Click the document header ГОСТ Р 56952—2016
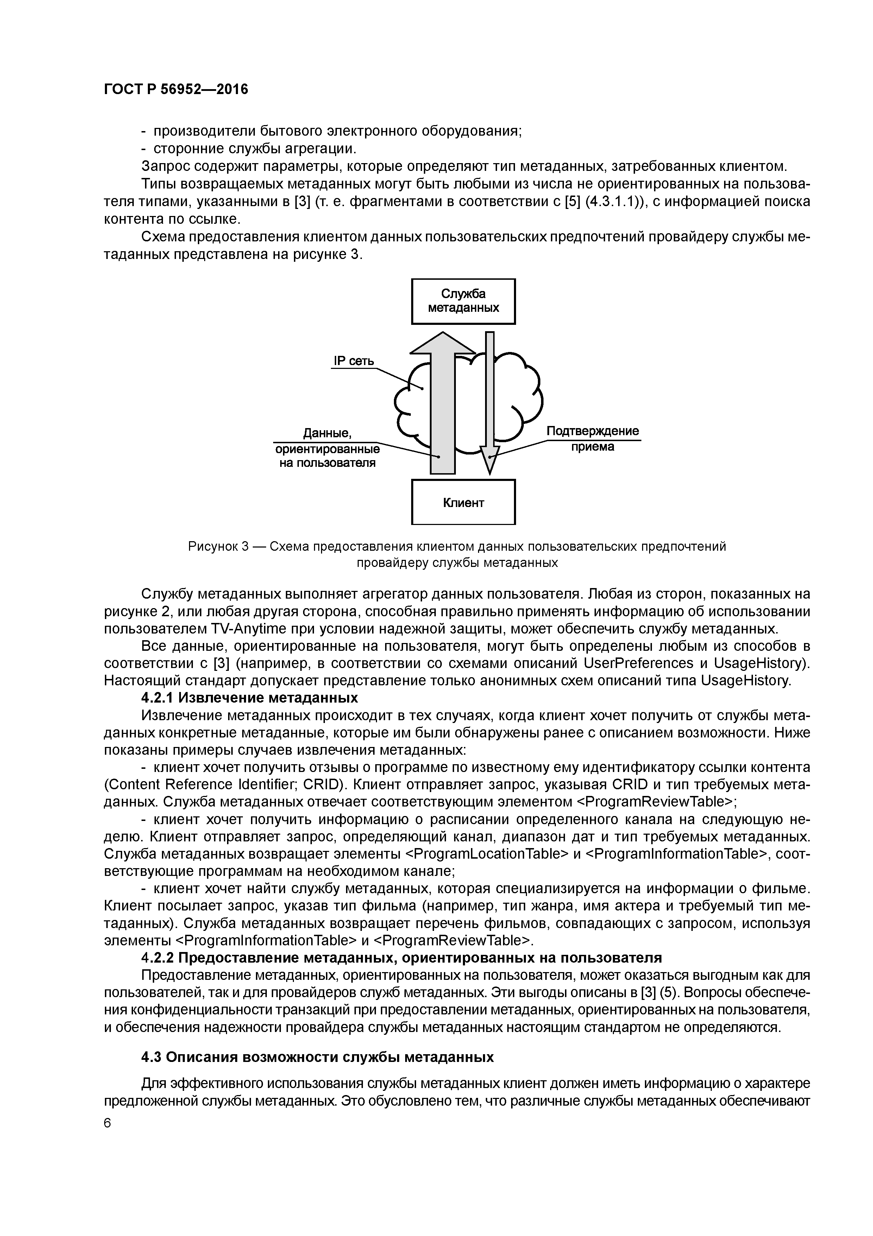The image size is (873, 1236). [176, 89]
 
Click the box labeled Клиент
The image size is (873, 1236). [463, 502]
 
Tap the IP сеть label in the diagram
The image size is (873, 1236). [353, 361]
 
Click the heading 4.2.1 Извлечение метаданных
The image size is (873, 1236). [249, 698]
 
